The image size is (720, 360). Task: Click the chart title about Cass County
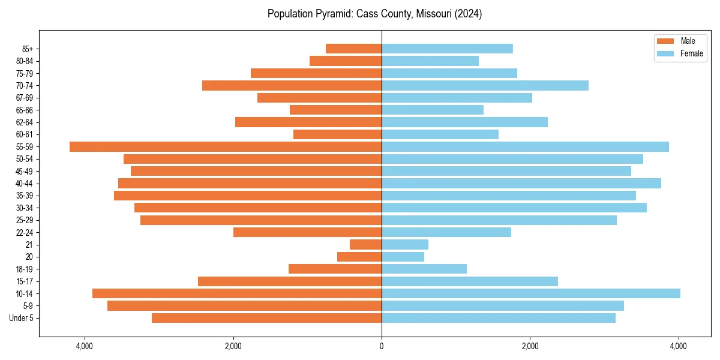point(374,14)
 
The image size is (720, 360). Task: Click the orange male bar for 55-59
point(226,147)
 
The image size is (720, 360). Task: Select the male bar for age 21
point(365,245)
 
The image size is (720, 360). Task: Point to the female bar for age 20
point(403,257)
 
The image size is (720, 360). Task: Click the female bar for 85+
point(447,49)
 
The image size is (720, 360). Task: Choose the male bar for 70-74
point(292,85)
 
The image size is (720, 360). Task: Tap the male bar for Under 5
point(266,318)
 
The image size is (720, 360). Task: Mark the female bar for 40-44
point(521,184)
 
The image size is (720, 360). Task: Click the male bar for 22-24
point(307,232)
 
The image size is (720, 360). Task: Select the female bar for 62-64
point(464,122)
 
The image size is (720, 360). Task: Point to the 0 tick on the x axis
point(382,346)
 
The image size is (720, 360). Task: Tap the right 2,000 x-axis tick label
point(530,346)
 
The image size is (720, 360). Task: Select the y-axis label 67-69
point(24,98)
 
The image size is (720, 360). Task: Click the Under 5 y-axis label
point(22,318)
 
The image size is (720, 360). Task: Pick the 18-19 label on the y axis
point(24,269)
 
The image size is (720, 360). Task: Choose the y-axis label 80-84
point(24,61)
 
